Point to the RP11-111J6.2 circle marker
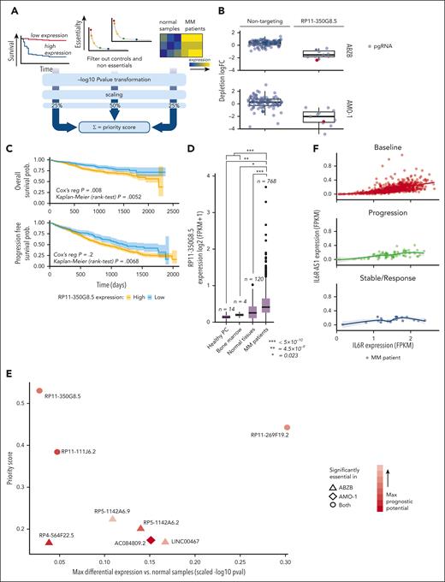click(x=57, y=451)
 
